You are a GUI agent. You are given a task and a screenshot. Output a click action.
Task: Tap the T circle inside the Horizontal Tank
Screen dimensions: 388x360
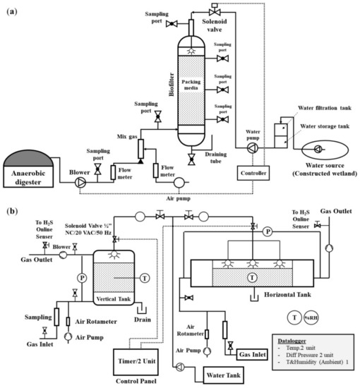click(x=251, y=278)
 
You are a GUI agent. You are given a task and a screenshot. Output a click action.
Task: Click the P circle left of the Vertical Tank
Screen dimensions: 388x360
click(x=81, y=277)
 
